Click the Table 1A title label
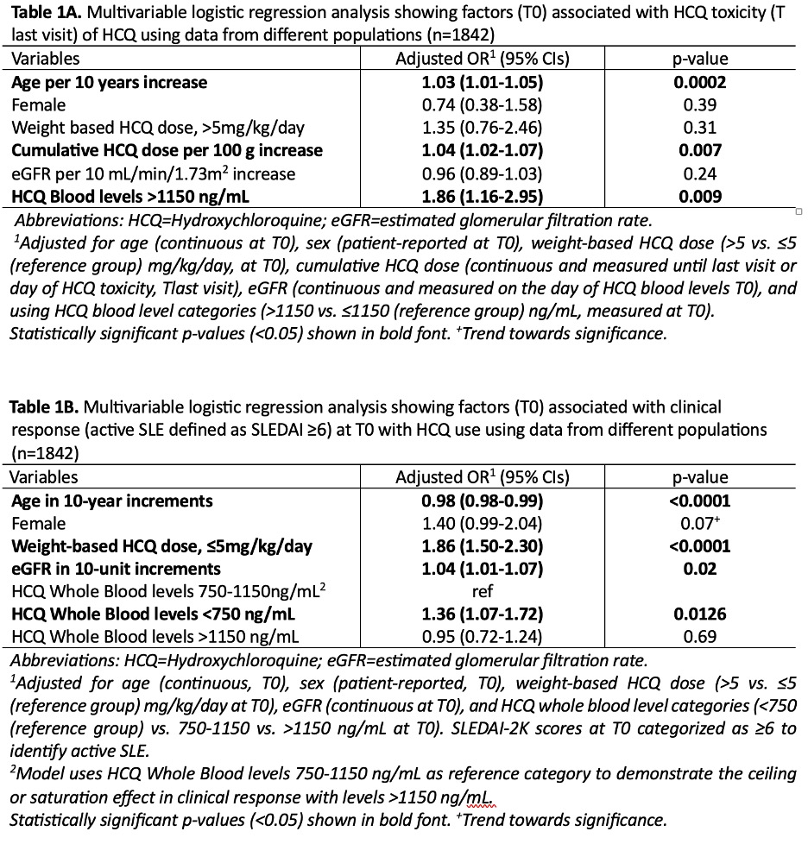coord(41,14)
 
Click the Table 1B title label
coord(41,406)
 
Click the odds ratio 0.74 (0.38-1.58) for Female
coord(482,105)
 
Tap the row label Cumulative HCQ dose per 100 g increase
coord(167,151)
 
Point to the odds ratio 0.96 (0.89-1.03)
coord(482,173)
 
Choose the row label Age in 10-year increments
coord(112,501)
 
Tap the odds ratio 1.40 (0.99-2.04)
coord(482,523)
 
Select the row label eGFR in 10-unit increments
coord(116,568)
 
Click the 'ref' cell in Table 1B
coord(482,591)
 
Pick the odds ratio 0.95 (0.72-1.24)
coord(482,636)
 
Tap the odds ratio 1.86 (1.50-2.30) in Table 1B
coord(482,545)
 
